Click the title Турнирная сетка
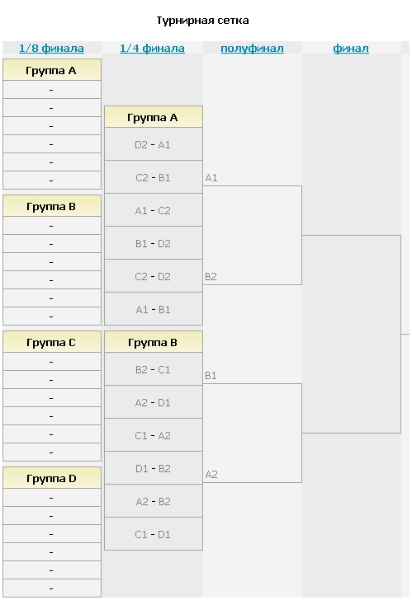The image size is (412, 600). (x=202, y=21)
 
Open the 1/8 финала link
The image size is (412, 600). (x=51, y=48)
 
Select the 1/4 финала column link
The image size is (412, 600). (x=152, y=48)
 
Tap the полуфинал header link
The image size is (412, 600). (x=252, y=49)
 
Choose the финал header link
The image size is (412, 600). (x=351, y=49)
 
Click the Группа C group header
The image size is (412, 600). (x=52, y=342)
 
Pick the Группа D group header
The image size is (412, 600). (x=52, y=477)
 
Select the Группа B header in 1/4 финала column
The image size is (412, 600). (x=154, y=342)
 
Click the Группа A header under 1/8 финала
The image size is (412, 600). (x=52, y=69)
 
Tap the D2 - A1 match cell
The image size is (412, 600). (x=154, y=144)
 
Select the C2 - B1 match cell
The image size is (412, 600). (x=154, y=176)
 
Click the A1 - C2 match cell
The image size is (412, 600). (x=154, y=209)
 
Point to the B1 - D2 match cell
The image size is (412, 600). (x=154, y=242)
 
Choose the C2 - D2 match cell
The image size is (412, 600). (x=154, y=275)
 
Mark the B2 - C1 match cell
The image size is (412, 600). (x=154, y=369)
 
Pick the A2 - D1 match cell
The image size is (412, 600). (x=154, y=402)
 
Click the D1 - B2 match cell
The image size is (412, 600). (x=154, y=467)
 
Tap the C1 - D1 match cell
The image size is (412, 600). (x=154, y=534)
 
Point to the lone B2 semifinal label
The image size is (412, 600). (x=211, y=276)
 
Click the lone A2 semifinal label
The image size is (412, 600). (x=211, y=474)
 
